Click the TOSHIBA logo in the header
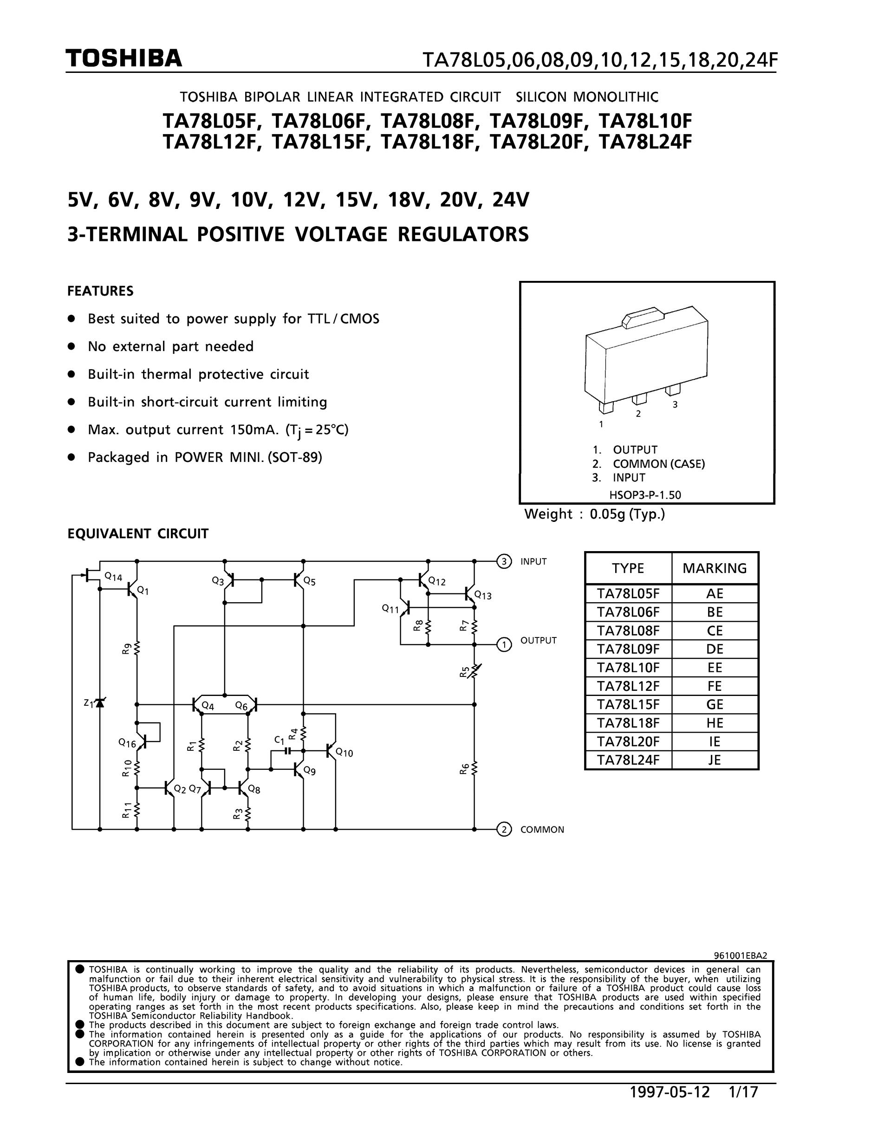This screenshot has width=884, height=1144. click(124, 58)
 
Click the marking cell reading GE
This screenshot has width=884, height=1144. click(715, 704)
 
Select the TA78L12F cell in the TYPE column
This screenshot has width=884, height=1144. click(628, 686)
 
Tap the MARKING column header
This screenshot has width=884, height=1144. click(715, 568)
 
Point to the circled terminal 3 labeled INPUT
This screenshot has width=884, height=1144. click(503, 561)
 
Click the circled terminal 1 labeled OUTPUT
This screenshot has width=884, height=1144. click(503, 644)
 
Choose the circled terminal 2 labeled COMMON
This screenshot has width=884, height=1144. click(503, 830)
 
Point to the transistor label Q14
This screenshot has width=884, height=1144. click(113, 577)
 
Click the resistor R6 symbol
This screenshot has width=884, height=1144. click(474, 768)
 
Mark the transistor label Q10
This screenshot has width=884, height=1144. click(344, 753)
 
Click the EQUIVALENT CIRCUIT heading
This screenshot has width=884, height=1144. click(138, 534)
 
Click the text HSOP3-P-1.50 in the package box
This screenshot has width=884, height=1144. click(645, 494)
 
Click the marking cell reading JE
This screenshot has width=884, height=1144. click(715, 760)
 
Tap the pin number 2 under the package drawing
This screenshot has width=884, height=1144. click(638, 414)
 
